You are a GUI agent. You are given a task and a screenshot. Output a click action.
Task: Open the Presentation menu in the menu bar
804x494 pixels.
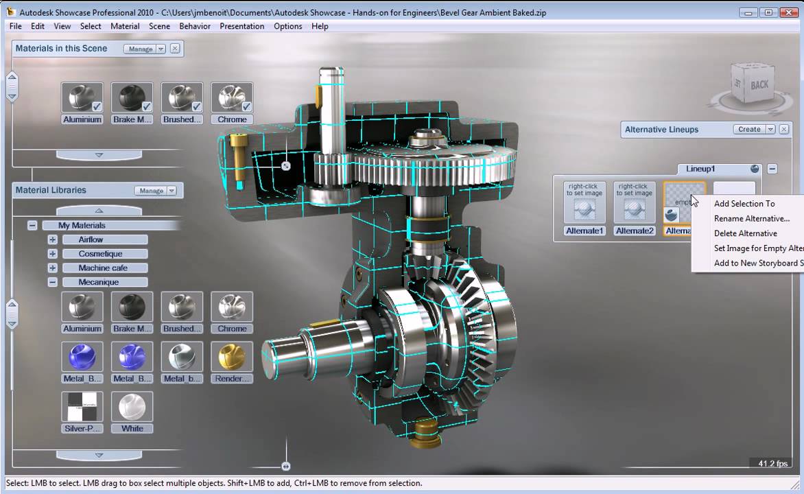tap(241, 26)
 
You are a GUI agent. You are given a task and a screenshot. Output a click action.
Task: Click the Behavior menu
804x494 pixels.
tap(195, 26)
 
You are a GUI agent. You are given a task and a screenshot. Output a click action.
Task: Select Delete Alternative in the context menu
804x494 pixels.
tap(745, 233)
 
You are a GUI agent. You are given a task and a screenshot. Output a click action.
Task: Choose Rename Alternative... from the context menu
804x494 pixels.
tap(751, 218)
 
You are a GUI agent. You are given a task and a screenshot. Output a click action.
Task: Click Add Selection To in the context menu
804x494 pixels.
tap(744, 203)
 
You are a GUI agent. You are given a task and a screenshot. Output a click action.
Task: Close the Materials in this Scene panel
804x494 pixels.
tap(175, 49)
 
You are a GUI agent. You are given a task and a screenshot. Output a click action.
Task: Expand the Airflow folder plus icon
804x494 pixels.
tap(52, 239)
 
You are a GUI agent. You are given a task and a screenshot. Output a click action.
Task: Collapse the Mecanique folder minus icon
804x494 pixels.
tap(52, 282)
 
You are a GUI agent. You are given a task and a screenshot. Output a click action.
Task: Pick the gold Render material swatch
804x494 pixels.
tap(232, 357)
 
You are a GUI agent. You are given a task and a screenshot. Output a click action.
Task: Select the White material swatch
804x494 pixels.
tap(132, 407)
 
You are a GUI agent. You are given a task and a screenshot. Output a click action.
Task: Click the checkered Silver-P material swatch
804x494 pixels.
tap(82, 407)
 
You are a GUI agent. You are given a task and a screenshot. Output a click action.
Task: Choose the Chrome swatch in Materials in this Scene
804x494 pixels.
tap(232, 98)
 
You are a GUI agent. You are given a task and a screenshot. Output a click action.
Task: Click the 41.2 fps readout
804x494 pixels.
tap(772, 464)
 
